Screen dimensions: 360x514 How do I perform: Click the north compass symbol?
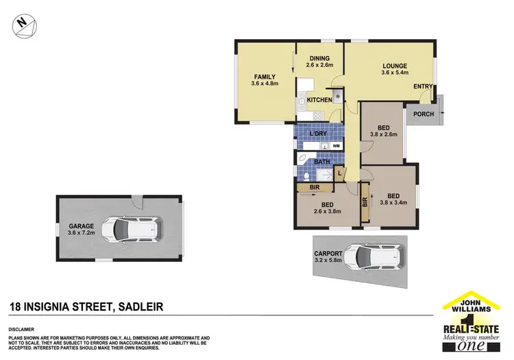[23, 24]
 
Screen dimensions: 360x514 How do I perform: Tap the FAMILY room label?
[265, 76]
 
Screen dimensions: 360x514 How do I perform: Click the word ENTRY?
[423, 86]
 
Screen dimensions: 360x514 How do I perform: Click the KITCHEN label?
[319, 100]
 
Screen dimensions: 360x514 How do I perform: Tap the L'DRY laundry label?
[317, 133]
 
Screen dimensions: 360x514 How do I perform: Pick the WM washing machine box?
[336, 146]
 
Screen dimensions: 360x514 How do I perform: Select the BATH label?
[321, 162]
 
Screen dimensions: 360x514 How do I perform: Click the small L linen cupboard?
[339, 173]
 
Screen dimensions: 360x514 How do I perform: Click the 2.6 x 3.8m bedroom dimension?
[329, 212]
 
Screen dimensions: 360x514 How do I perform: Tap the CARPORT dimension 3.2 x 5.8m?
[329, 261]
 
